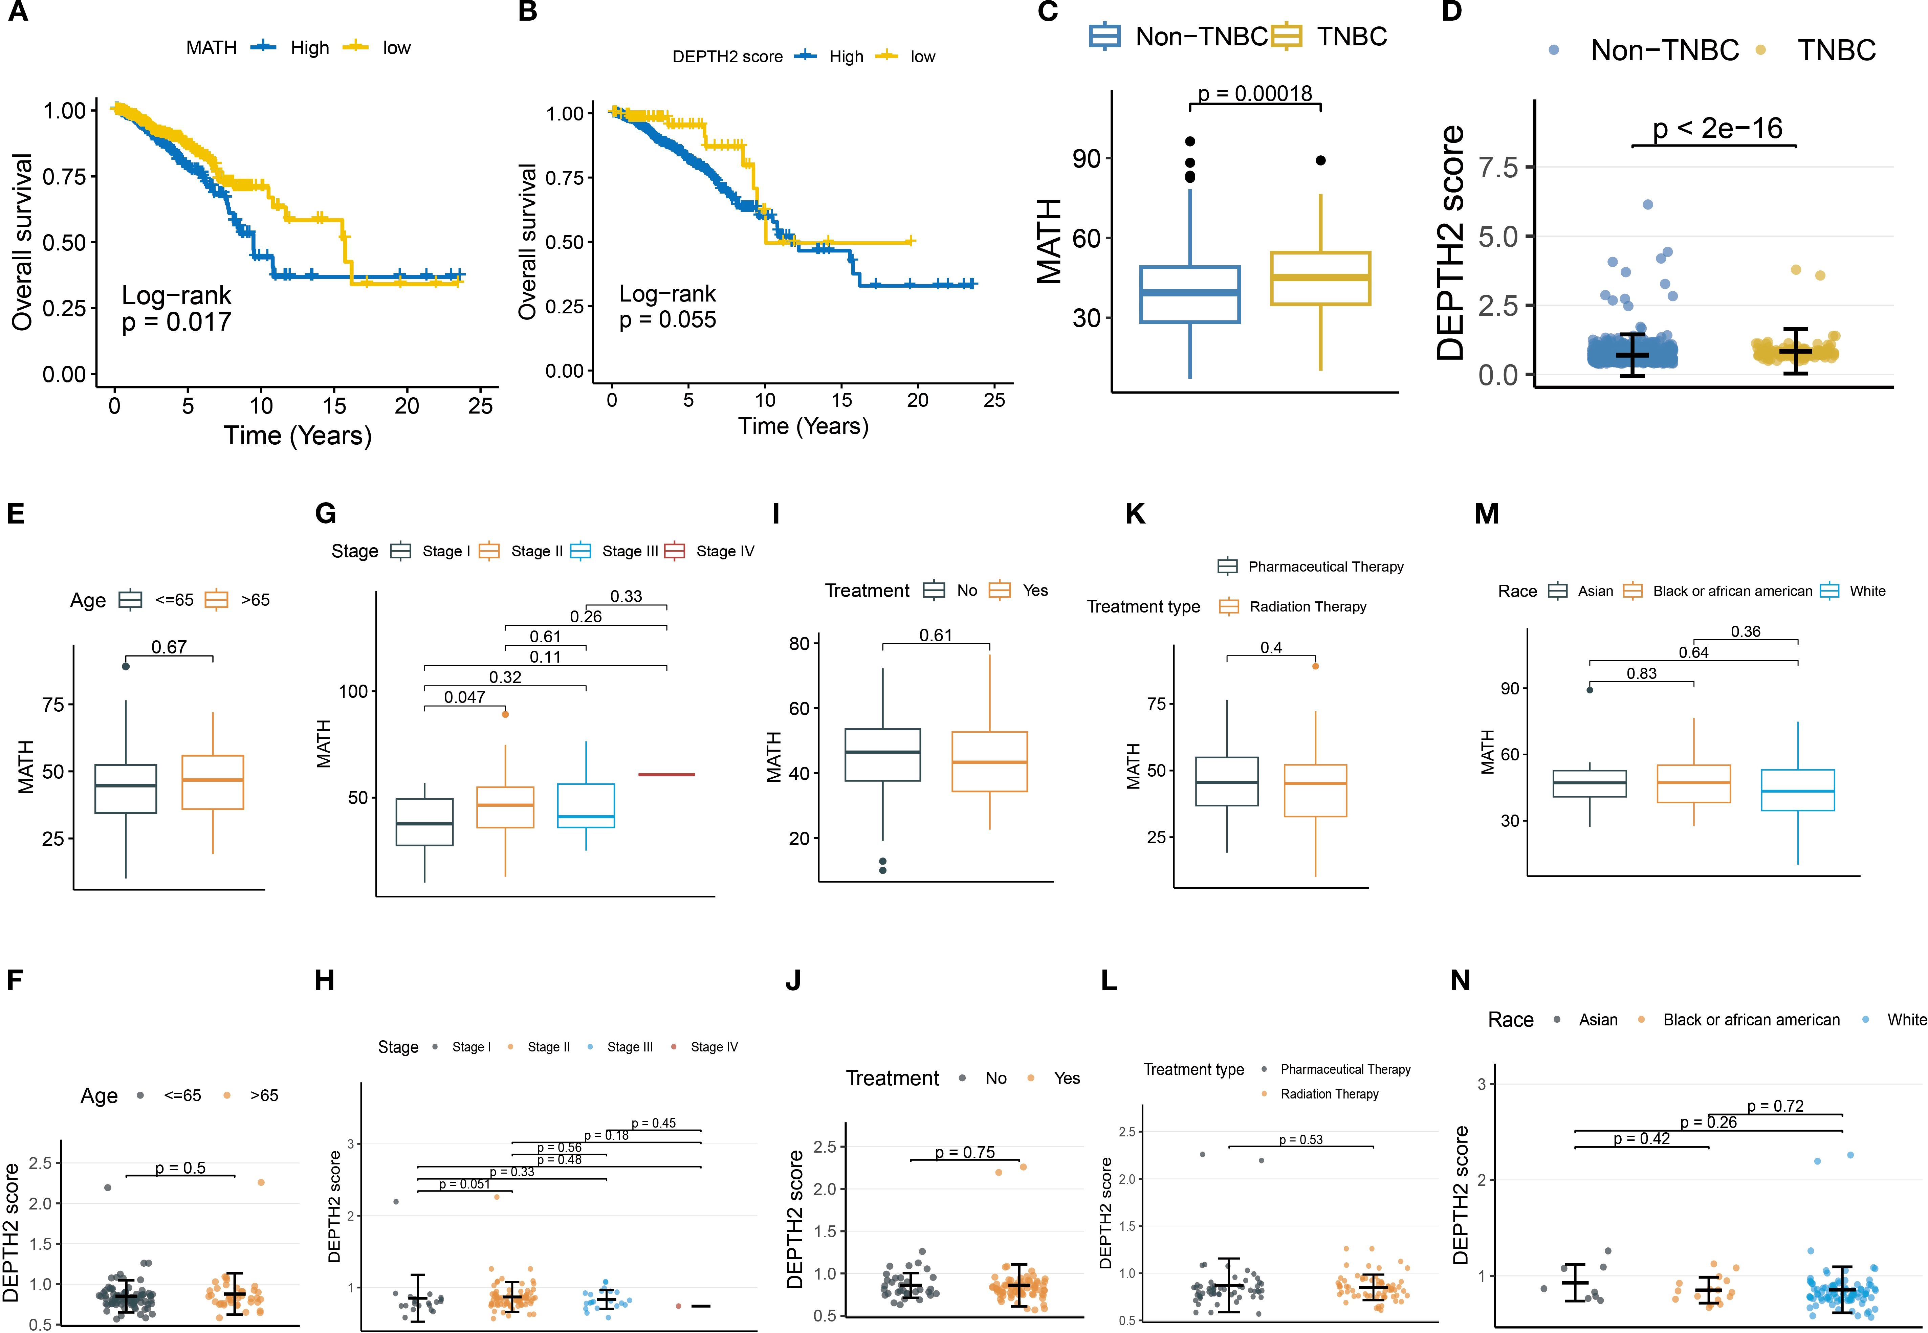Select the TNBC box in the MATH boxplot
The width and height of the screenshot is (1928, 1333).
[1320, 278]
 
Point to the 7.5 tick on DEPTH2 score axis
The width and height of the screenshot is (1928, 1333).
[1498, 167]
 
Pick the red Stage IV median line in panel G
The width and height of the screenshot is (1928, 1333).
[666, 775]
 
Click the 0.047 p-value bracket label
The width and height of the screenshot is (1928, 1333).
[464, 697]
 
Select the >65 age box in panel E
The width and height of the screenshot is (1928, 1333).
[213, 782]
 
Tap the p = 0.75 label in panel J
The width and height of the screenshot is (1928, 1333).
[965, 1153]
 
